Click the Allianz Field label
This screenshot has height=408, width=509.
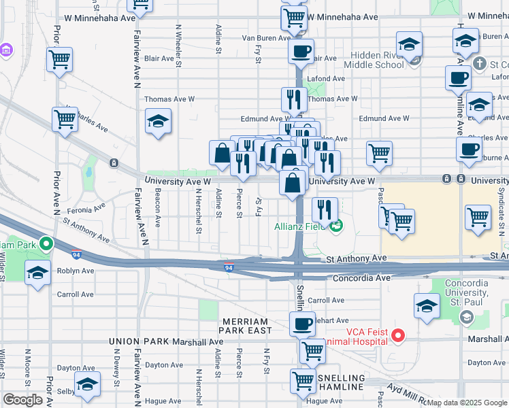tap(299, 226)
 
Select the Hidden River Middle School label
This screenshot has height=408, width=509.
tap(374, 60)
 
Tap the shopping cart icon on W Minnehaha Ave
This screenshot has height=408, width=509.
tap(293, 18)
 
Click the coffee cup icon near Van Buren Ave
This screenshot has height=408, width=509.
tap(302, 51)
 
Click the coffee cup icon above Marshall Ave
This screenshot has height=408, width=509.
tap(301, 324)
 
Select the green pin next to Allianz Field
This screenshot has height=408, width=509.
tap(334, 226)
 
